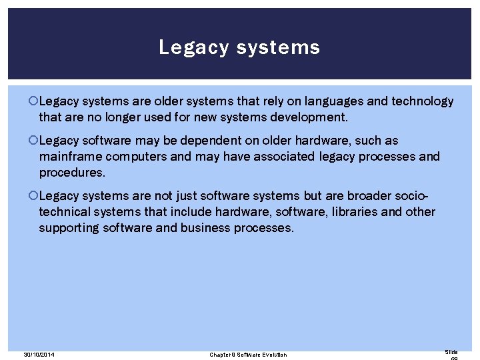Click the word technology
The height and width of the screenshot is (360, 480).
click(x=423, y=101)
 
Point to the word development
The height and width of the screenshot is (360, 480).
click(x=311, y=117)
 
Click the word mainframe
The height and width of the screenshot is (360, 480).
click(x=70, y=157)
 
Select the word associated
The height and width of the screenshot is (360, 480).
click(x=276, y=157)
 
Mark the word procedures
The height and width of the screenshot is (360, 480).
click(x=71, y=173)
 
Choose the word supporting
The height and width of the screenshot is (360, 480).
click(x=69, y=228)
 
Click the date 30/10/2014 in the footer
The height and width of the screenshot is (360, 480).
click(x=39, y=354)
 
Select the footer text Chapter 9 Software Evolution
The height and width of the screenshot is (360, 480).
click(x=248, y=354)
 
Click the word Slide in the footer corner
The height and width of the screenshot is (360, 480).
click(x=451, y=351)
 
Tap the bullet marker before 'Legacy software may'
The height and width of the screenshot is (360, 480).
click(x=33, y=141)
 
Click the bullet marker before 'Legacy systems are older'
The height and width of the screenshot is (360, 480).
click(x=33, y=101)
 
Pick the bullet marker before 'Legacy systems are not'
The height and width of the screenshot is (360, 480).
click(x=33, y=196)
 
